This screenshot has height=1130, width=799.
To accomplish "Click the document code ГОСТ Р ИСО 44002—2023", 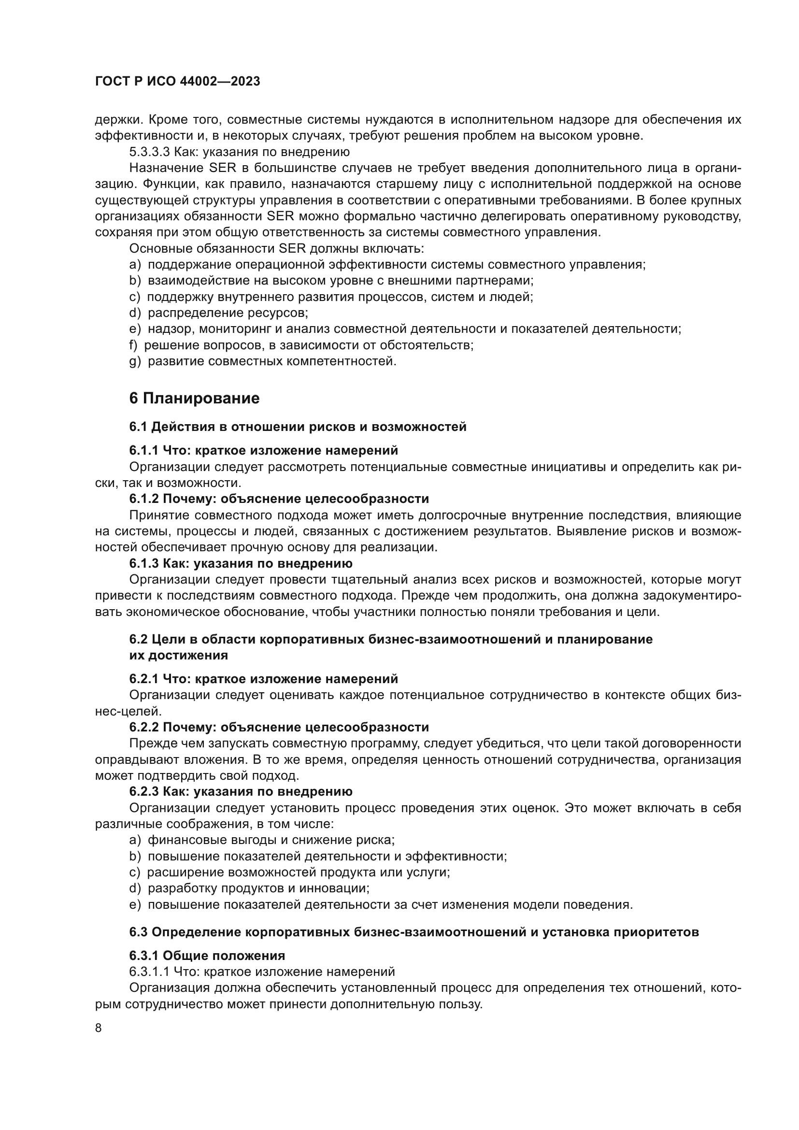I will coord(177,82).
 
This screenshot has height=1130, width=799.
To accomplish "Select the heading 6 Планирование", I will coord(194,398).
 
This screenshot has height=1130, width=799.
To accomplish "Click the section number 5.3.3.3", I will coord(149,152).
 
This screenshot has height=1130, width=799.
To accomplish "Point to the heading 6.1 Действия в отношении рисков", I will coord(298,427).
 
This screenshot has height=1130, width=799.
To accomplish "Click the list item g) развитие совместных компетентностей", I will coord(263,361).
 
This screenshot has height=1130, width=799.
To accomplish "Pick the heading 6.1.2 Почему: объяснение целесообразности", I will coord(279,499).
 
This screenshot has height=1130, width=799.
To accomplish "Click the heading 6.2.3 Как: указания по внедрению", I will coord(241,791).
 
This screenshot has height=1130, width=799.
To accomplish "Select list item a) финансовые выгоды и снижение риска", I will coord(262,840).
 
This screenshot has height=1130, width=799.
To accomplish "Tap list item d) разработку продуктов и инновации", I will coord(249,888).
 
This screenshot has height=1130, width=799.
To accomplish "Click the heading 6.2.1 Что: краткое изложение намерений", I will coord(264,679).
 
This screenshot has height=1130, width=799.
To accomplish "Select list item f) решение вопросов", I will coord(301,345).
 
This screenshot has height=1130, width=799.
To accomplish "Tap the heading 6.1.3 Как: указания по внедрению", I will coord(241,563).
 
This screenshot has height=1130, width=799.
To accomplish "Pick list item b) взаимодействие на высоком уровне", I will coord(331,281).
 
